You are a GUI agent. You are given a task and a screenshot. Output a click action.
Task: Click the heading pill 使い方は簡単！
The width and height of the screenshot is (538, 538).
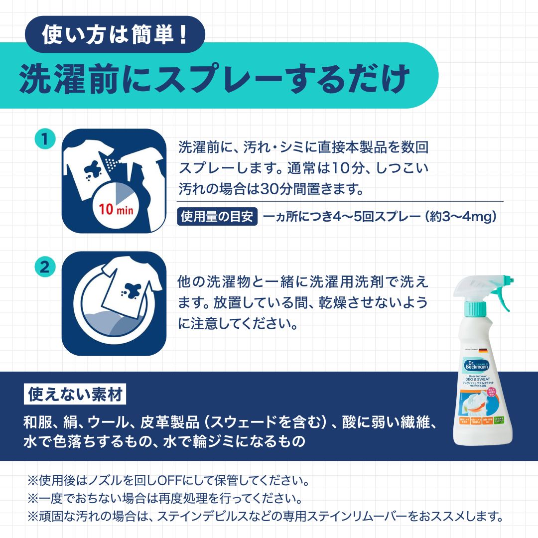(x=114, y=35)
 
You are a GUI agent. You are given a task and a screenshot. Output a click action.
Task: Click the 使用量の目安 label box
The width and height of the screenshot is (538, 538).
(x=217, y=217)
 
